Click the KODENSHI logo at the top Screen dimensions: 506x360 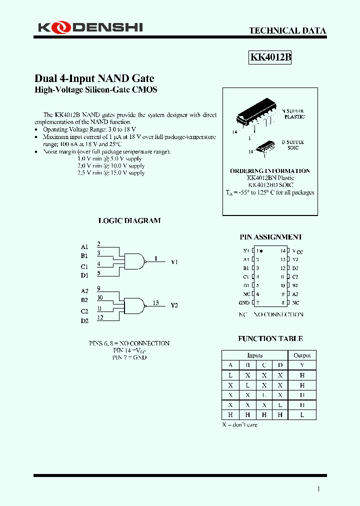(x=90, y=27)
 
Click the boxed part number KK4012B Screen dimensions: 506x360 (x=270, y=57)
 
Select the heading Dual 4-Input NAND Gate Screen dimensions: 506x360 (x=94, y=78)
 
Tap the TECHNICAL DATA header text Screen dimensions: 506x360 (x=287, y=30)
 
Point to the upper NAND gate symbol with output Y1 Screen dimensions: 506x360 (x=134, y=260)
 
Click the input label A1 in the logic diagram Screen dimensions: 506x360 (x=84, y=246)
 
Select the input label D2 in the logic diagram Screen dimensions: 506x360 (x=84, y=320)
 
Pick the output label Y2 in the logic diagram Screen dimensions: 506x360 (x=174, y=305)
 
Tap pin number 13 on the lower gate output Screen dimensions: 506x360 (x=156, y=302)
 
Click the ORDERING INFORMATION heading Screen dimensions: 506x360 (x=270, y=171)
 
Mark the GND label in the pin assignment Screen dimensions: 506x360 (x=244, y=303)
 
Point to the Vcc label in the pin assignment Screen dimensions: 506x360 (x=297, y=251)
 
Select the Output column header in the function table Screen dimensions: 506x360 (x=302, y=355)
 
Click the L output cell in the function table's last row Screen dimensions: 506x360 (x=302, y=414)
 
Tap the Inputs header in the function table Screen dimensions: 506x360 (x=255, y=355)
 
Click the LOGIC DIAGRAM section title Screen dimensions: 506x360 (x=129, y=220)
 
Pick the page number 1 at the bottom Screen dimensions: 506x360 (x=318, y=489)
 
